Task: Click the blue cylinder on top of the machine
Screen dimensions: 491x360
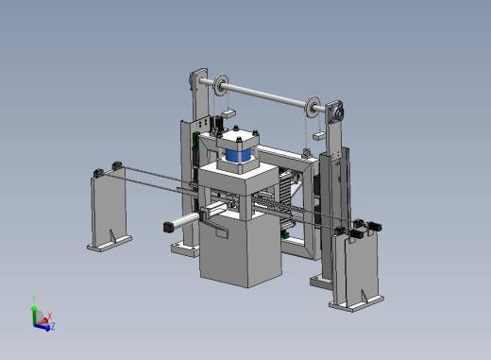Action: (239, 155)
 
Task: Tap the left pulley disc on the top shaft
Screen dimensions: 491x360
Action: (221, 85)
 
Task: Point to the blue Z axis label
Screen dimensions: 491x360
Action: (53, 326)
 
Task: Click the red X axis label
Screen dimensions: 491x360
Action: (49, 316)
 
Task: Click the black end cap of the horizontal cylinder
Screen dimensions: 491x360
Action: (169, 228)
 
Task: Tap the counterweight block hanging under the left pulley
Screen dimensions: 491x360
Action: (229, 113)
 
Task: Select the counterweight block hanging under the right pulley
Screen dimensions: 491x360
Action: (319, 135)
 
